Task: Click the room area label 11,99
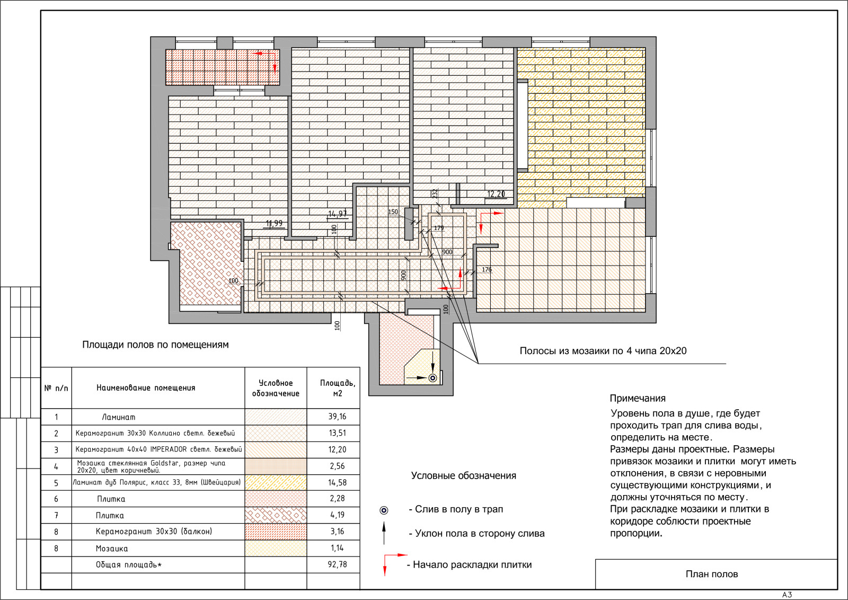[x=274, y=223]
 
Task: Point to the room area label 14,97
[x=337, y=214]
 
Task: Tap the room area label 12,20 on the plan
[x=496, y=194]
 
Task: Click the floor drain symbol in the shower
[x=432, y=378]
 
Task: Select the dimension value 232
[x=435, y=194]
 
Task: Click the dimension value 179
[x=439, y=228]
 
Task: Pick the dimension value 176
[x=487, y=270]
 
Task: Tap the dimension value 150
[x=393, y=212]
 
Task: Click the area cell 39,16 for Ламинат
[x=337, y=417]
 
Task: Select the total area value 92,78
[x=337, y=564]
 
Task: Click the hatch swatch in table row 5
[x=276, y=483]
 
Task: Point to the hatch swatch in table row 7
[x=276, y=515]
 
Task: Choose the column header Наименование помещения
[x=146, y=387]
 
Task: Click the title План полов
[x=712, y=574]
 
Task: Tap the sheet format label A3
[x=787, y=595]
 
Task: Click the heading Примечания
[x=638, y=398]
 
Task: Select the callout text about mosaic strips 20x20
[x=603, y=351]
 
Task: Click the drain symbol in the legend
[x=384, y=510]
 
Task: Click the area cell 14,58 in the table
[x=337, y=483]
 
